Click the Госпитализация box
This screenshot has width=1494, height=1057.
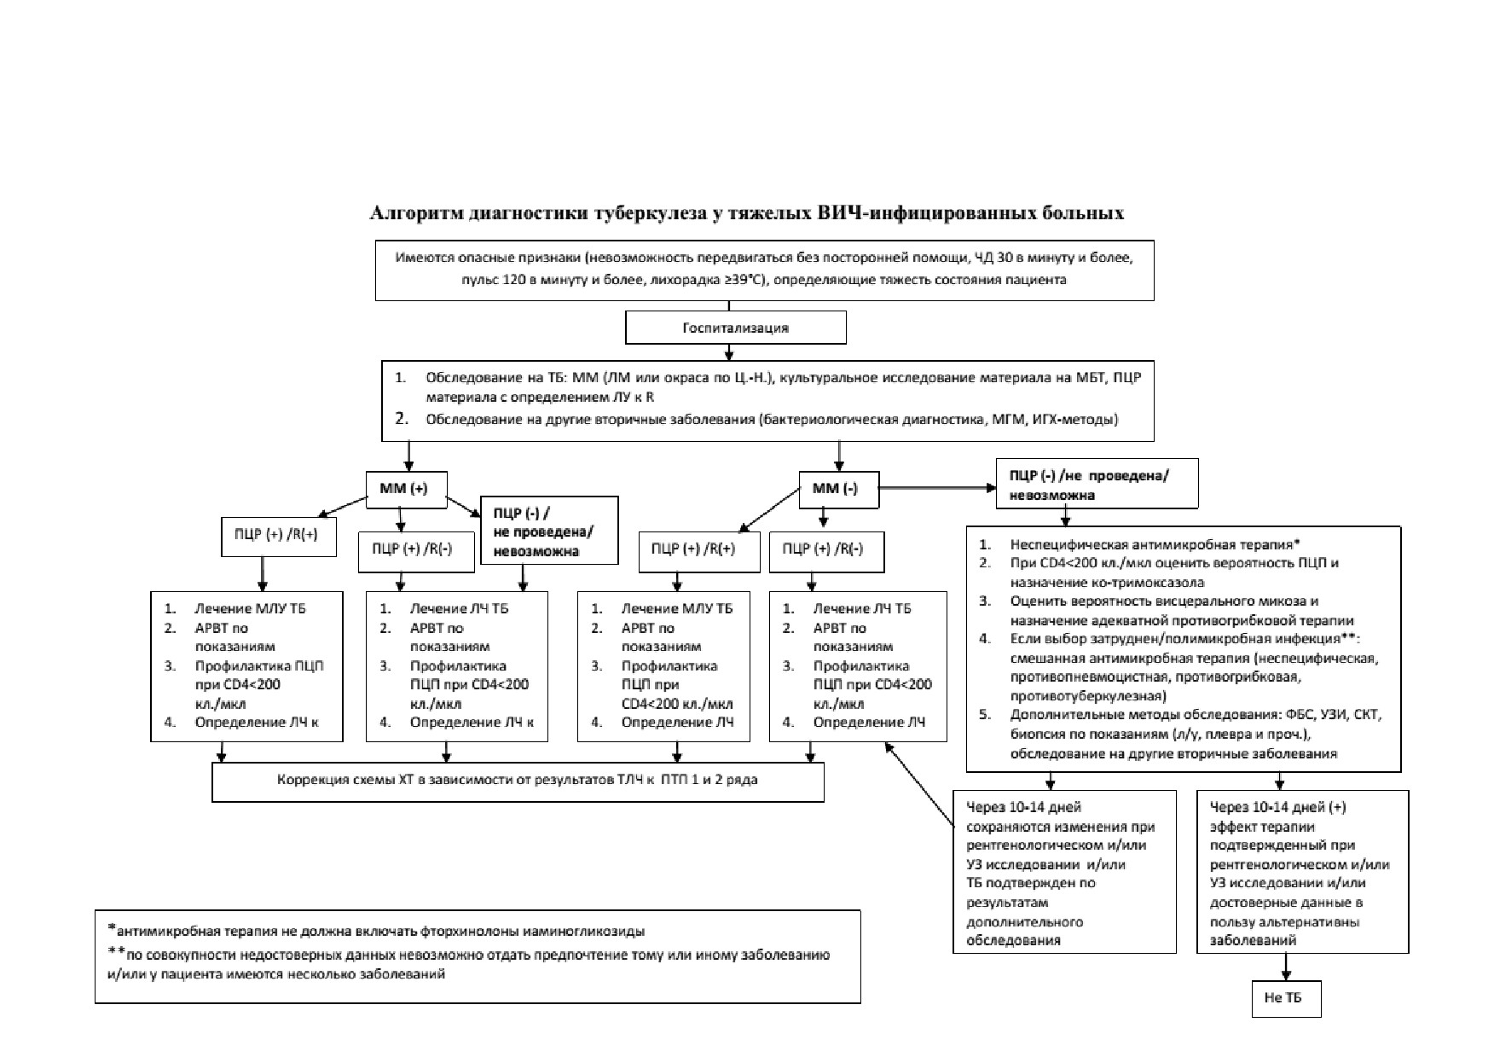click(736, 328)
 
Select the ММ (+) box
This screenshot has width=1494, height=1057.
click(407, 489)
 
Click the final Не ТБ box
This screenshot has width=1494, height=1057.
click(1286, 999)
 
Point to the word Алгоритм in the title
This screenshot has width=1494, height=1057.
click(416, 212)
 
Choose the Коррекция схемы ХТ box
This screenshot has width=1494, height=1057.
click(518, 781)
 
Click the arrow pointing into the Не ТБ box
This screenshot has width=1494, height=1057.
click(1286, 967)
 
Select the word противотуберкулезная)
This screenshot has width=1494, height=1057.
click(1089, 696)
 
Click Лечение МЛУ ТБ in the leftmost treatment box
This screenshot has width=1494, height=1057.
click(250, 608)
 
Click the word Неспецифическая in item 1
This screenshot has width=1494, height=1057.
click(1070, 544)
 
